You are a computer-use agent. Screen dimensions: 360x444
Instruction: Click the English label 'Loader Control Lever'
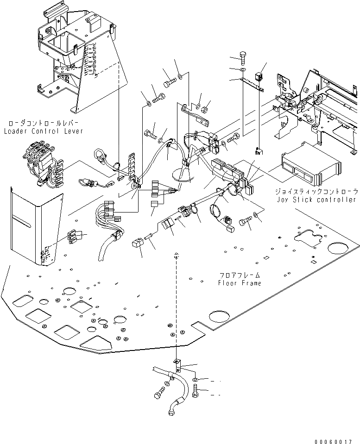coord(44,131)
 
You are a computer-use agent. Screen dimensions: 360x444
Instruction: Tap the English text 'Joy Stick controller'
coord(316,200)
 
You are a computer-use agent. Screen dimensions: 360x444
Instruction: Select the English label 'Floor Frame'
coord(240,283)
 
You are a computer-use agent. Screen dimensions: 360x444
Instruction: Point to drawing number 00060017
coord(333,441)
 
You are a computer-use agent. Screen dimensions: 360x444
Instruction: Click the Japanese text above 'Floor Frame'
coord(240,275)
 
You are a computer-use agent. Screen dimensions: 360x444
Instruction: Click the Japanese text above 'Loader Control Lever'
coord(44,124)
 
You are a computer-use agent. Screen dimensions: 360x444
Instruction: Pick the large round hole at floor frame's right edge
coord(338,248)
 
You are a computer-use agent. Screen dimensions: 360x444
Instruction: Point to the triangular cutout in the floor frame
coord(95,343)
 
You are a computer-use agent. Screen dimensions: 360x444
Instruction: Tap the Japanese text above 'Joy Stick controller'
coord(316,192)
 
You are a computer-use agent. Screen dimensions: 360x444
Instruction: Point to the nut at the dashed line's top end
coord(177,255)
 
